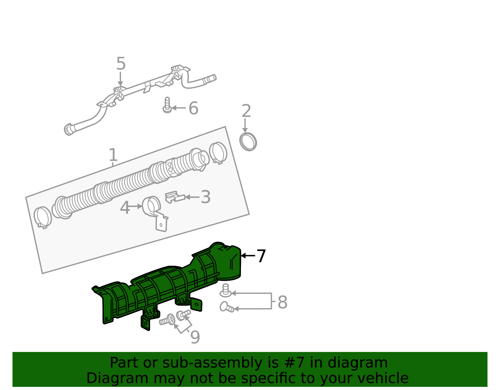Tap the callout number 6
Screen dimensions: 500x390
pos(193,108)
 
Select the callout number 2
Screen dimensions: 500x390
pos(246,111)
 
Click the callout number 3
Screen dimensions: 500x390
pos(206,197)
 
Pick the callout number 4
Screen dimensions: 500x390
pos(125,208)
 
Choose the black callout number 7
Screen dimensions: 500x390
pos(261,256)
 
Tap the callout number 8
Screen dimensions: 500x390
pos(282,302)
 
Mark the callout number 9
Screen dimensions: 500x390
pos(195,337)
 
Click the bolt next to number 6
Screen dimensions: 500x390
pos(167,105)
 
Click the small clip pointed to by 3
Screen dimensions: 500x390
pos(175,197)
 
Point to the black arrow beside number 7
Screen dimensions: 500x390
pos(248,255)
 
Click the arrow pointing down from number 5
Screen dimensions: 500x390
pos(120,79)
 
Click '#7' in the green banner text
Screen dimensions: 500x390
pos(294,363)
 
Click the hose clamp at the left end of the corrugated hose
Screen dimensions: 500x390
pos(43,217)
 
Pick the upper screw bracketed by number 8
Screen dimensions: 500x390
pos(226,290)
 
